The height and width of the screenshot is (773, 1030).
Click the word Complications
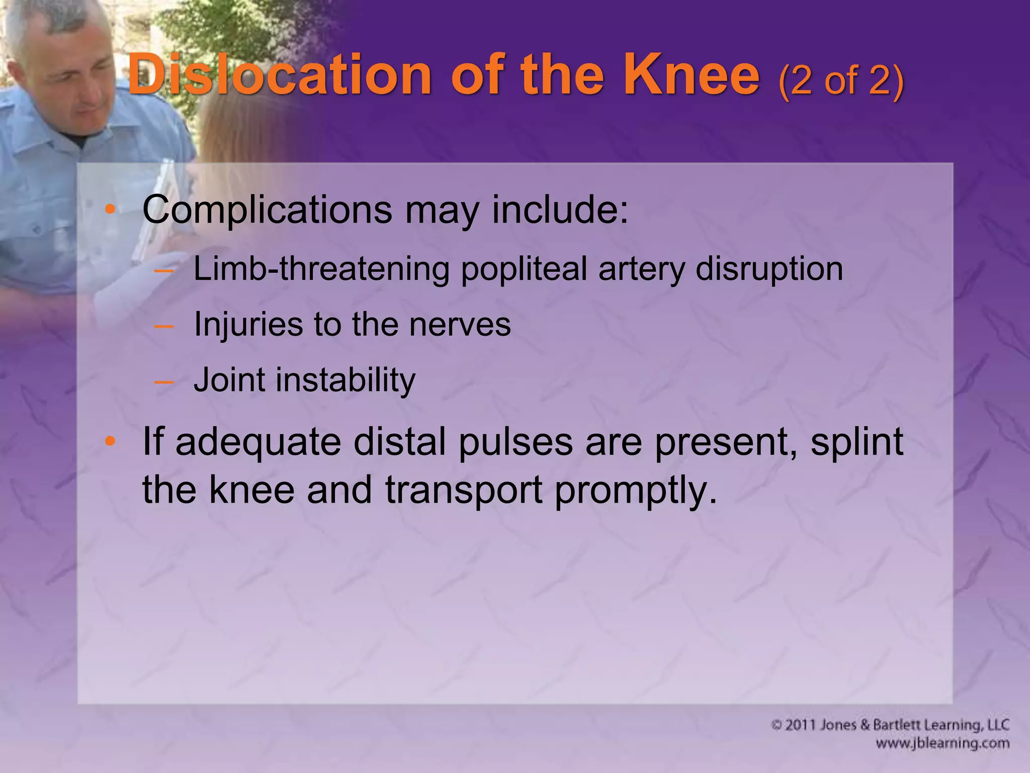[267, 210]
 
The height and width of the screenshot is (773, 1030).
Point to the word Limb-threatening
[321, 269]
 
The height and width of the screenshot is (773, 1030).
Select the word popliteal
[524, 269]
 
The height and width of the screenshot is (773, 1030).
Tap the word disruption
[769, 269]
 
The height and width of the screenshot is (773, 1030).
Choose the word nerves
[460, 325]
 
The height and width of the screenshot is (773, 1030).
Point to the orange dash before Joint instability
[163, 381]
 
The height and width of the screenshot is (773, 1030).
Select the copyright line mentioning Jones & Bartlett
[890, 725]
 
